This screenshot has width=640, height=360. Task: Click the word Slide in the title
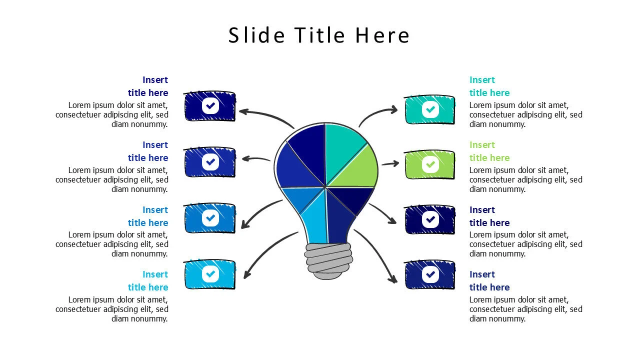256,35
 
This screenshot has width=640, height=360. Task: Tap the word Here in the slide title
382,35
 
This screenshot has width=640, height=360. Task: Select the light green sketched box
429,165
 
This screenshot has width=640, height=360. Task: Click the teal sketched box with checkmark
429,109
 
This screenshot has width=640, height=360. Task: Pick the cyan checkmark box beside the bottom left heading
209,274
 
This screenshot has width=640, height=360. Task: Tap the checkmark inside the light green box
430,164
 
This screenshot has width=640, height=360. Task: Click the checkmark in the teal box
430,109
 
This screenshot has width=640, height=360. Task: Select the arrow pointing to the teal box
375,113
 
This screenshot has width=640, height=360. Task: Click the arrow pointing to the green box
390,163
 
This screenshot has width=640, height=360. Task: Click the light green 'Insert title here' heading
489,151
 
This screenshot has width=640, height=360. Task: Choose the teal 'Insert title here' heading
489,86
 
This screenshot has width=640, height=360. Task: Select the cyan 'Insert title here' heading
148,280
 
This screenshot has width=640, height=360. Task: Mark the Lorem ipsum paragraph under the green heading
525,179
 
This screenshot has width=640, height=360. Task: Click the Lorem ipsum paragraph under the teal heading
525,114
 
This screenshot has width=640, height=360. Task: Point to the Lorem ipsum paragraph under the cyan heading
111,309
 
